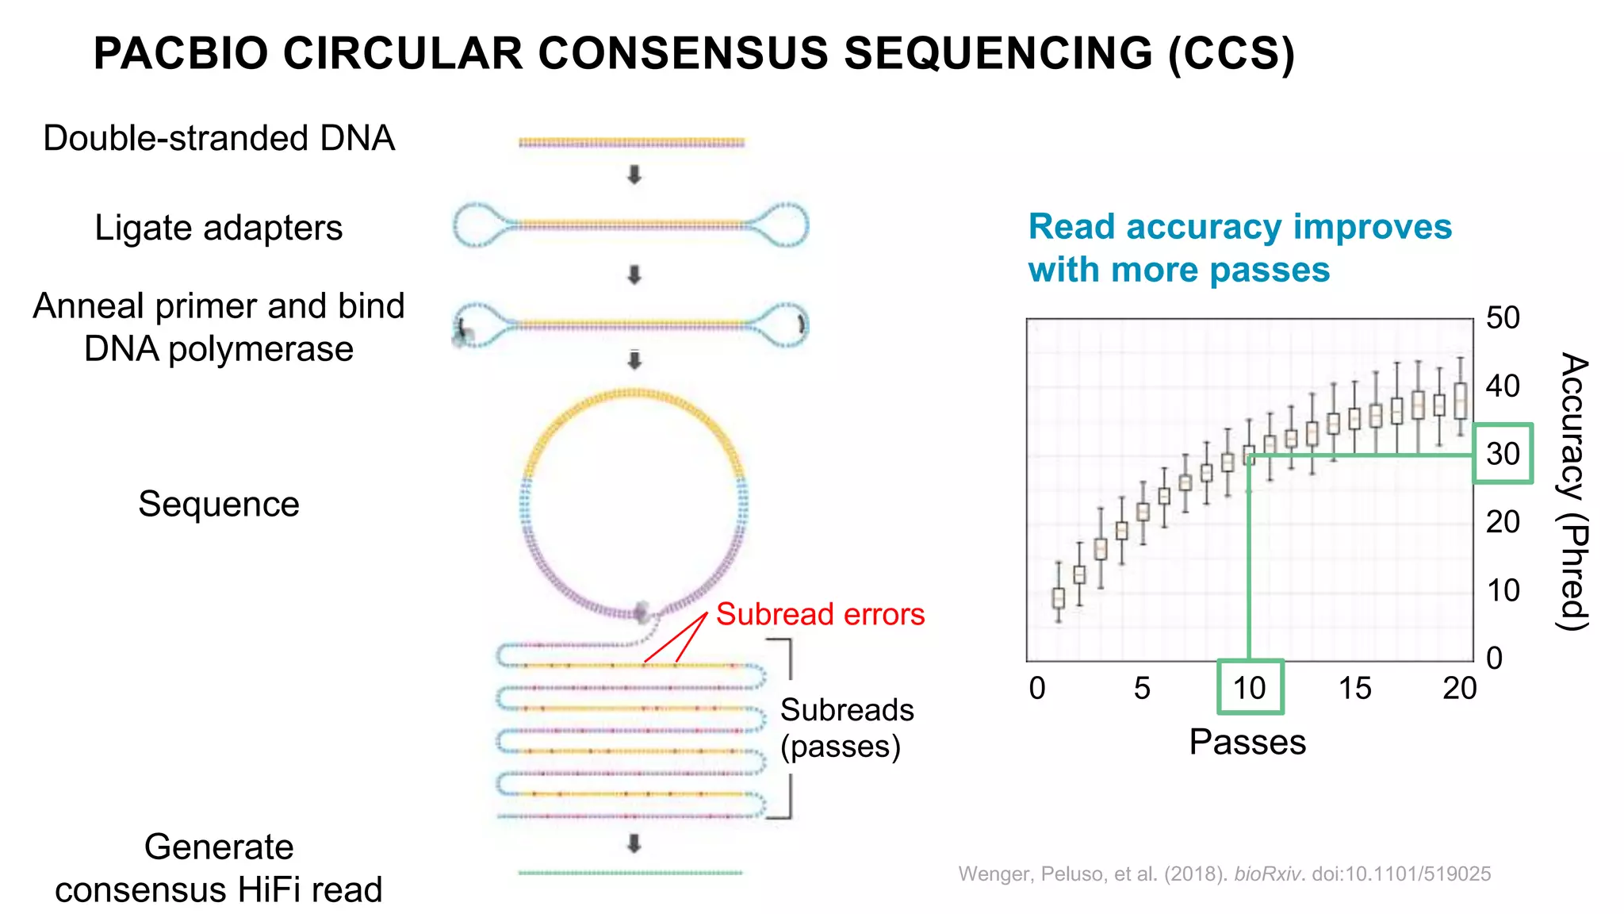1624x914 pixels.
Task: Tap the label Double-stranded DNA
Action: (x=219, y=138)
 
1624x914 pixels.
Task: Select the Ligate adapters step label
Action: (x=219, y=228)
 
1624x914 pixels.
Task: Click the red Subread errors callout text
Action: (x=820, y=614)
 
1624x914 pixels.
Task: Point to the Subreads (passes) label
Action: (x=846, y=728)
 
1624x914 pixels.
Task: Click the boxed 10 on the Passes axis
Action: (x=1250, y=687)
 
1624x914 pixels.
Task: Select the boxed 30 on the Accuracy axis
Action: (x=1503, y=454)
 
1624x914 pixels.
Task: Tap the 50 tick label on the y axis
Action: (x=1503, y=318)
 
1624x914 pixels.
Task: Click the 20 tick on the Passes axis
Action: (x=1459, y=688)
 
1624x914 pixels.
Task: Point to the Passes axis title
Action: (x=1247, y=742)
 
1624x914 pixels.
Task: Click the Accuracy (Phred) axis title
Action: (x=1573, y=491)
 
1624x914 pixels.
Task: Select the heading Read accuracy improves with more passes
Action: (x=1239, y=248)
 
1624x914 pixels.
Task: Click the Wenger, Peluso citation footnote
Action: (x=1224, y=874)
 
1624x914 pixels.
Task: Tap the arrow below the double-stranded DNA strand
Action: (x=634, y=175)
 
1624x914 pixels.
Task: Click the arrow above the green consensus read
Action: (x=634, y=843)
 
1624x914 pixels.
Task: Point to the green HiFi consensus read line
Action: (x=630, y=873)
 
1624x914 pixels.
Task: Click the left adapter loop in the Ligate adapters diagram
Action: (x=478, y=225)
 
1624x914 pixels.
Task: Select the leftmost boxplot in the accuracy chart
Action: (x=1058, y=597)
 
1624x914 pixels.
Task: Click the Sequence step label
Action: (x=219, y=504)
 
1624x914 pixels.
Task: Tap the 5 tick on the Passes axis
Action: (x=1142, y=688)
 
